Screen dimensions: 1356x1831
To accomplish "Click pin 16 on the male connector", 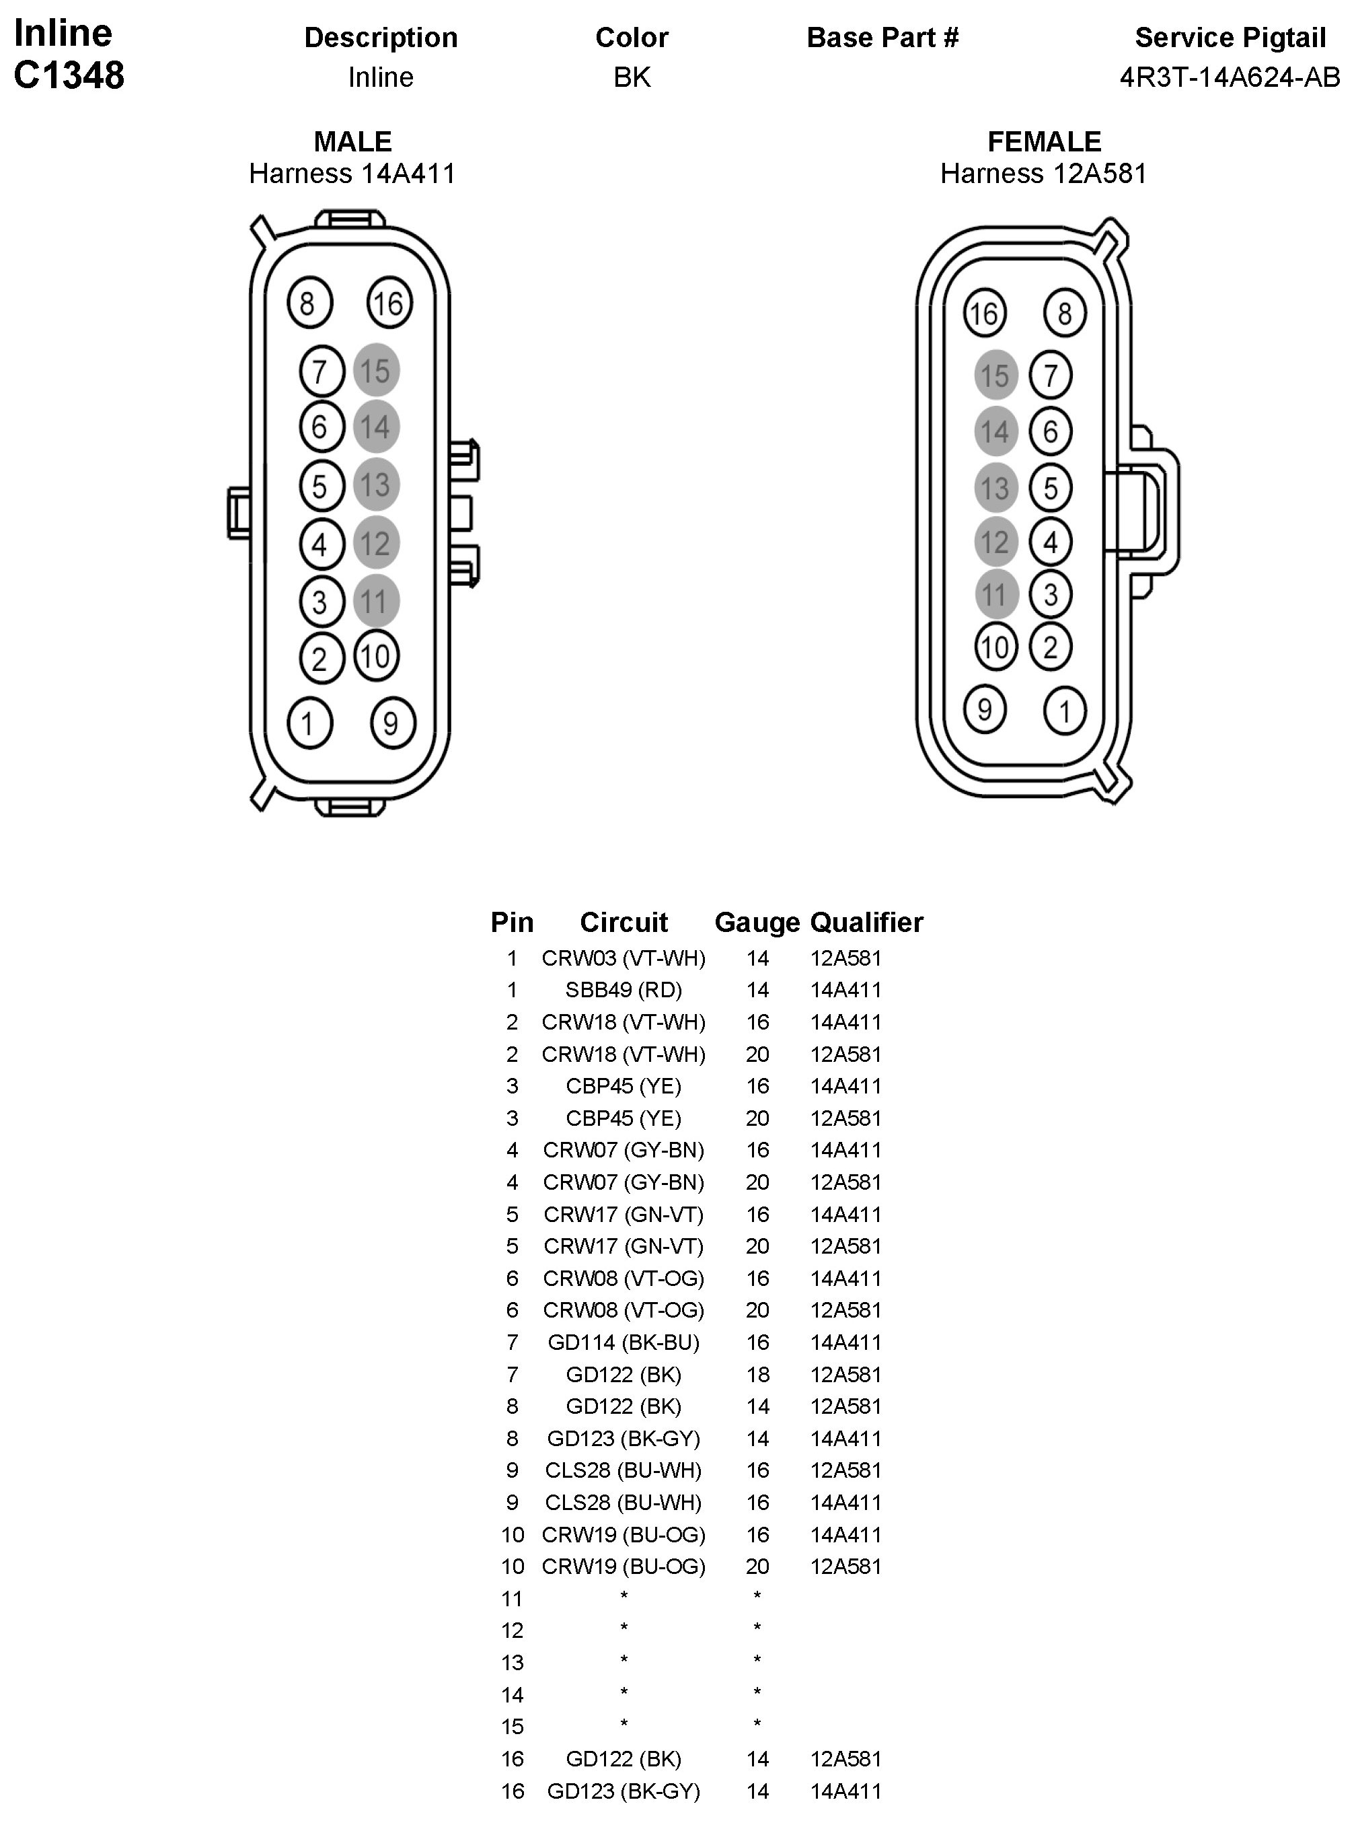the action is coord(389,303).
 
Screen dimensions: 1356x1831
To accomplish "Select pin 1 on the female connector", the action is coord(1065,710).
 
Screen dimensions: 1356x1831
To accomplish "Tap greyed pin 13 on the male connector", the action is coord(376,484).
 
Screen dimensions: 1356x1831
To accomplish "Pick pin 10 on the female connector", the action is coord(995,647).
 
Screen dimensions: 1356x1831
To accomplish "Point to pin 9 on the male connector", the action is coord(392,723).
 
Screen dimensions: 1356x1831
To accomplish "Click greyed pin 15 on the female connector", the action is coord(995,376).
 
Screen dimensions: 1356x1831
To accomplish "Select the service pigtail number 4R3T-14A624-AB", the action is coord(1230,77).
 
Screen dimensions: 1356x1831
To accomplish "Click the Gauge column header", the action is coord(757,922).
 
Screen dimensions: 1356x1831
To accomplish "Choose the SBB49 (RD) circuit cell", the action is coord(624,991).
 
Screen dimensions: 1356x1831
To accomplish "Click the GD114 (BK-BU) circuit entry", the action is coord(624,1342).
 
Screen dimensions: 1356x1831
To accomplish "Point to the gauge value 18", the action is coord(757,1375).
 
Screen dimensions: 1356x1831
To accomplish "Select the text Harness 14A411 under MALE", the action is coord(352,173).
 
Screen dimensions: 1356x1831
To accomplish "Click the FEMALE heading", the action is coord(1044,141).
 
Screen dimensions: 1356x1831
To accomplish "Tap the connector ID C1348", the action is coord(69,75).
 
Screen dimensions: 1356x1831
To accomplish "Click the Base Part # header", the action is coord(882,38).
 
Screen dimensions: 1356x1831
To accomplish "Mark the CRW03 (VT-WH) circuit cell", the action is coord(624,958).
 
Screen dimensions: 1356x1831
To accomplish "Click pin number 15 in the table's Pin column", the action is coord(512,1727).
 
